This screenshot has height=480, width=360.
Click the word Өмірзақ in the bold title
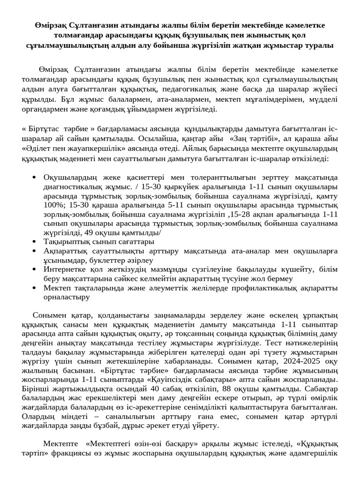coord(52,25)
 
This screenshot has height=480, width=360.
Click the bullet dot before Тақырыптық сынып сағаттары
coord(35,242)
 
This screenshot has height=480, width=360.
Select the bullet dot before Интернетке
coord(35,269)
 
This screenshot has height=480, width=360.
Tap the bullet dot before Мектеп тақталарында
coord(35,287)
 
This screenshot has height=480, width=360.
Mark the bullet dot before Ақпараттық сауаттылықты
coord(35,251)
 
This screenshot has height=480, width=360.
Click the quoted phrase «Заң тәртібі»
coord(249,139)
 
